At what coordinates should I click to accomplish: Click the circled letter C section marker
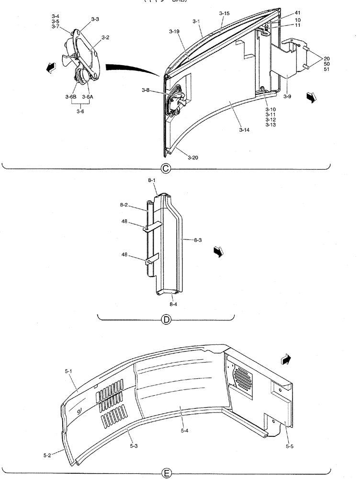[166, 168]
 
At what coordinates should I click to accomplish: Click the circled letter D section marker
[166, 320]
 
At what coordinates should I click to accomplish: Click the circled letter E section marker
[166, 473]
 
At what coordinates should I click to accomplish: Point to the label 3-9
[287, 96]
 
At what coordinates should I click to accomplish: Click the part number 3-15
[225, 13]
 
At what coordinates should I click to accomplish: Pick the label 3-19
[174, 31]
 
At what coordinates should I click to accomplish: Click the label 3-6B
[71, 96]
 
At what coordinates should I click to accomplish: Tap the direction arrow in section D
[219, 252]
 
